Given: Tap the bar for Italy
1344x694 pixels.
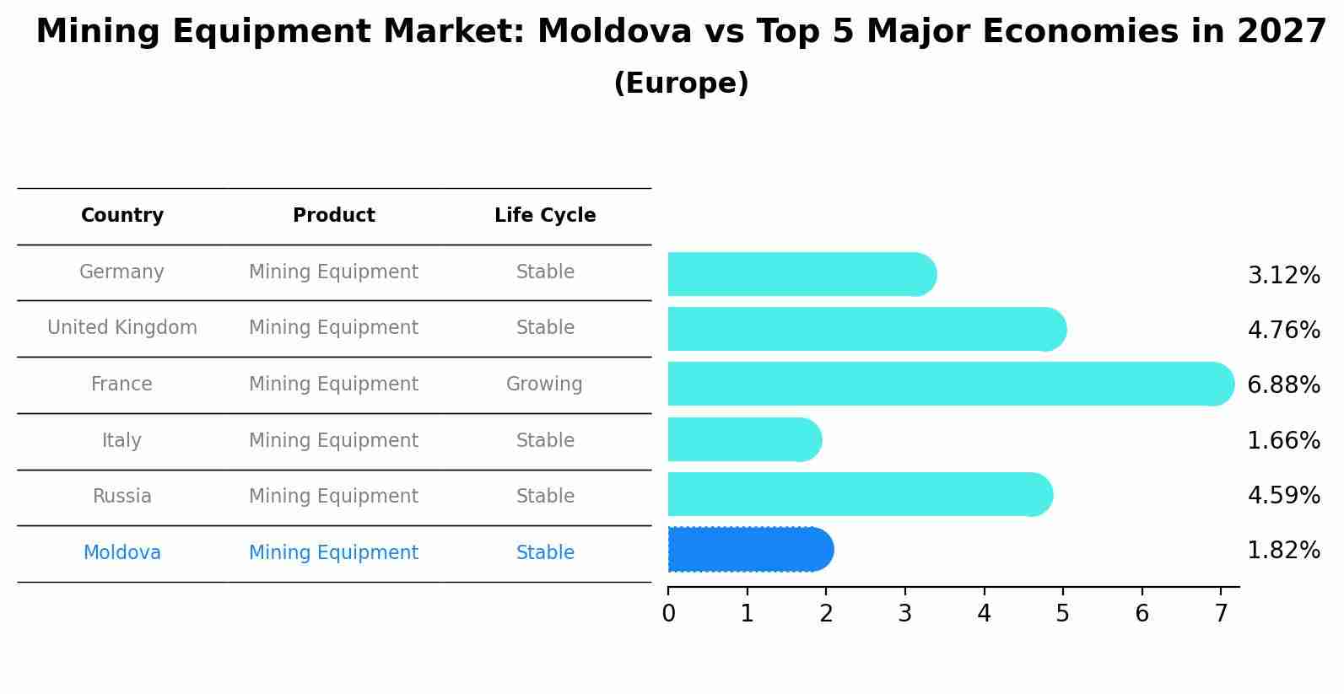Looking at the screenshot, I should [743, 439].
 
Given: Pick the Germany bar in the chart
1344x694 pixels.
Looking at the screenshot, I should [801, 274].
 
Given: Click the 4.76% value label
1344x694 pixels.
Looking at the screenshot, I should [1283, 330].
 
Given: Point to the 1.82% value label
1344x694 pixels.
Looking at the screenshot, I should [1283, 551].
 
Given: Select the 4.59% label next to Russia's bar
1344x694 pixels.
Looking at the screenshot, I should [1283, 495].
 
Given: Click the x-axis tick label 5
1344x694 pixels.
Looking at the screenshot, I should [1062, 614].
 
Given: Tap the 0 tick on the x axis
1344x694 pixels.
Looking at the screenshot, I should [668, 614].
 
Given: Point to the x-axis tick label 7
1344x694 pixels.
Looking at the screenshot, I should [1221, 614].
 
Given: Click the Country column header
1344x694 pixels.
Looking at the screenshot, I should [122, 216].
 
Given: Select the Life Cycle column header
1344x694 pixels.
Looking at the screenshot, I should [545, 216].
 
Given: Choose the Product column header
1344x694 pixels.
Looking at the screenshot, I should [333, 216].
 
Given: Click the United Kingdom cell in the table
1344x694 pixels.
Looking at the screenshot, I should [122, 328].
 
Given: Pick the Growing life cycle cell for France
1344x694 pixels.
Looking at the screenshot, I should [544, 385].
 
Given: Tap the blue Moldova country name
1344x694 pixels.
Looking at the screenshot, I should [122, 553].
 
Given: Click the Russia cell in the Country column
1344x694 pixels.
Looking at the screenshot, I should [122, 497].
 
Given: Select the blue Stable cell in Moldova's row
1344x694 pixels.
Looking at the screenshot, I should [545, 553].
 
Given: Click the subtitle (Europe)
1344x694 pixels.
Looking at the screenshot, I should [681, 83].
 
